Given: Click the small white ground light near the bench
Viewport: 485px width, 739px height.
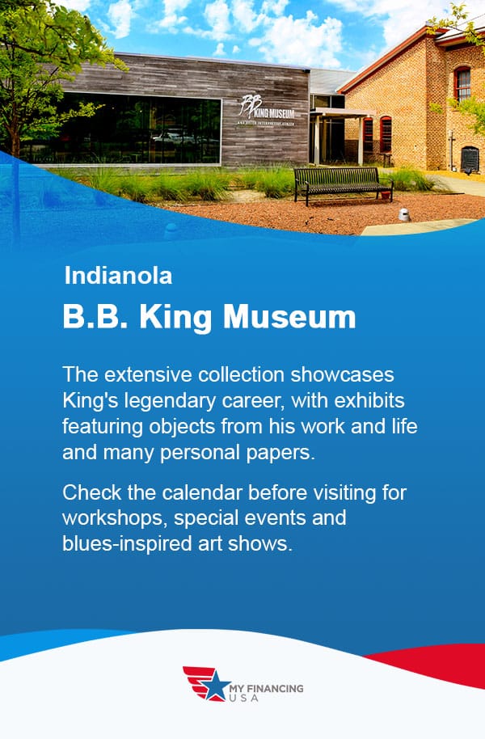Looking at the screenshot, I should coord(404,214).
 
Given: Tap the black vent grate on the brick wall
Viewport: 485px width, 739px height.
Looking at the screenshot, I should coord(470,159).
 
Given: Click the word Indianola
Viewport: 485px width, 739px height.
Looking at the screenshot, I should coord(118,276).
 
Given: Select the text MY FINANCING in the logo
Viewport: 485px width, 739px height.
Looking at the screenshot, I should coord(266,688).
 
